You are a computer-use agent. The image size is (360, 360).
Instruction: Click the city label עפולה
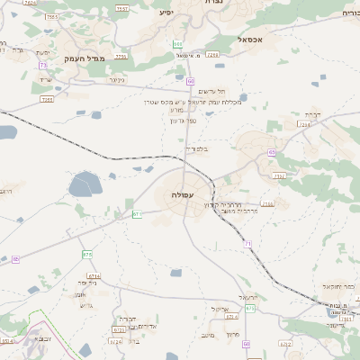(x=182, y=193)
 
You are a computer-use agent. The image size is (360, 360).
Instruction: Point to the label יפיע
(x=166, y=13)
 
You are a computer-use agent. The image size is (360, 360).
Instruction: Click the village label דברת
(x=311, y=113)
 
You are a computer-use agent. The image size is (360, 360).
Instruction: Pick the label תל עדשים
(x=208, y=93)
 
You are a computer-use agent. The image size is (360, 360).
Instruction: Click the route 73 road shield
(x=43, y=66)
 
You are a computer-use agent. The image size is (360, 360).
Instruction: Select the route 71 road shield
(x=247, y=244)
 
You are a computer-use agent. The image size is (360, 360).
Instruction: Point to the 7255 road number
(x=47, y=99)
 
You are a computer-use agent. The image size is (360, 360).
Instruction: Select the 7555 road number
(x=51, y=17)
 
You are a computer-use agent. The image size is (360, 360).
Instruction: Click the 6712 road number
(x=285, y=343)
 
